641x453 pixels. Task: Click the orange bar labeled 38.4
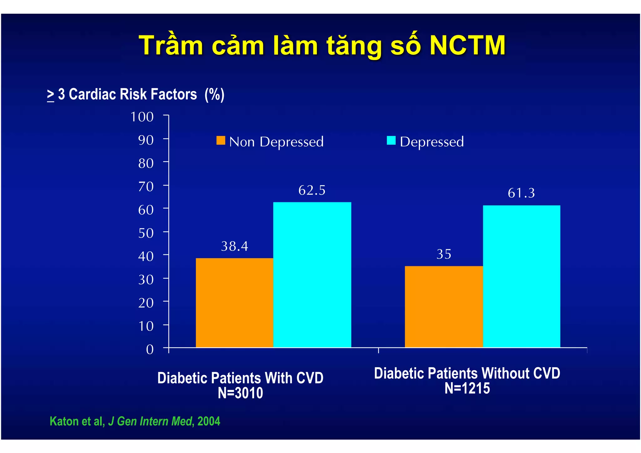point(234,303)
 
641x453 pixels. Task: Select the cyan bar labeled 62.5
point(312,275)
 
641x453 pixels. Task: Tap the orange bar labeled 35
point(444,307)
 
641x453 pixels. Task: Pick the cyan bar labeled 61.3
point(521,276)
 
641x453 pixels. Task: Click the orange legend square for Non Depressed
point(221,140)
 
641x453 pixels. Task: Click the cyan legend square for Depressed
point(391,140)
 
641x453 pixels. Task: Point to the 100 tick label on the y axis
point(142,117)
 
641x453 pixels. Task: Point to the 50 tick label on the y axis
point(146,233)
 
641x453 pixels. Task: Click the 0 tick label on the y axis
point(150,349)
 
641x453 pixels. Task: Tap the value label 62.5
point(312,190)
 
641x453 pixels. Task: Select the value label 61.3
point(521,193)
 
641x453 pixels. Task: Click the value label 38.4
point(234,247)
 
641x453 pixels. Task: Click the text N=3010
point(240,393)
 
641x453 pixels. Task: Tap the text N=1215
point(467,388)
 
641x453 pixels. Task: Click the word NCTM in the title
point(467,46)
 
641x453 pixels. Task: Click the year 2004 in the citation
point(209,421)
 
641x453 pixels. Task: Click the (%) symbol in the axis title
point(214,94)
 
